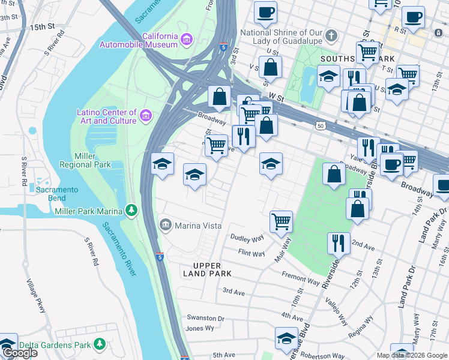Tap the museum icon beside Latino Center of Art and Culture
145,115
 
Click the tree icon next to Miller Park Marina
130,210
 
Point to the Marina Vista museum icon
165,226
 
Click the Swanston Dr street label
205,319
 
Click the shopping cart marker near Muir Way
281,221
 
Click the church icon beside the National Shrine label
331,35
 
